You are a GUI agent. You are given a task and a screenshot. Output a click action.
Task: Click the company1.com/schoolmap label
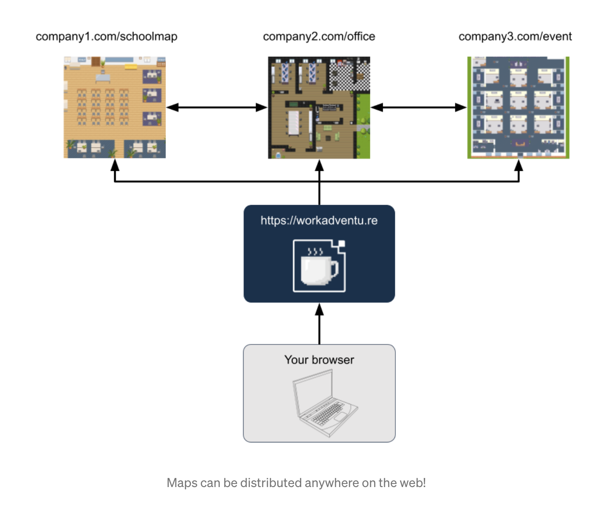[106, 37]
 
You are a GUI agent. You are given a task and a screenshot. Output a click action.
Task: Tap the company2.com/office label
[319, 37]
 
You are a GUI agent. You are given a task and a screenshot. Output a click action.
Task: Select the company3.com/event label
[515, 37]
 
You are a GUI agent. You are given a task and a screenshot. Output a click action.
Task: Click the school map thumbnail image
[115, 107]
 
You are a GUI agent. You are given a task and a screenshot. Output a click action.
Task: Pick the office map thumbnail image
[319, 107]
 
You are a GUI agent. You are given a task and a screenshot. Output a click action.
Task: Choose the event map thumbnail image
[518, 107]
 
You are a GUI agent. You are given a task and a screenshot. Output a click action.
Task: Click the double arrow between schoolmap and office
[217, 107]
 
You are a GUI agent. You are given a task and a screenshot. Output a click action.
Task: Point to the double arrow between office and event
[418, 107]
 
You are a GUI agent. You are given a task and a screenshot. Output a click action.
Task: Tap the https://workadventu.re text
[319, 221]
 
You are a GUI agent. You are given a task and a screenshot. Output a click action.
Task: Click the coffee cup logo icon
[319, 266]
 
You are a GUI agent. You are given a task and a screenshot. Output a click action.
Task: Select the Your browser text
[319, 360]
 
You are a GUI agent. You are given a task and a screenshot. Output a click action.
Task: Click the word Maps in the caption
[182, 483]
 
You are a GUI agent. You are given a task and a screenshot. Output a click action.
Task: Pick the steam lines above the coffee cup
[315, 252]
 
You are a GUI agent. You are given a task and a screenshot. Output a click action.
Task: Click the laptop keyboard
[328, 413]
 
